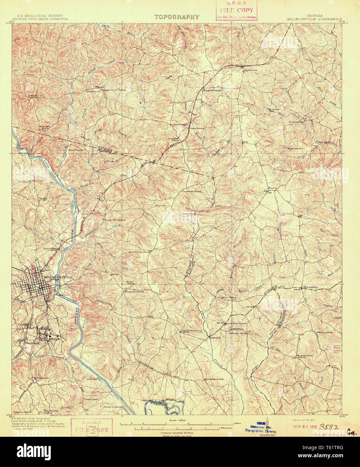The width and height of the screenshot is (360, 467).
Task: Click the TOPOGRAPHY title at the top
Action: [x=177, y=17]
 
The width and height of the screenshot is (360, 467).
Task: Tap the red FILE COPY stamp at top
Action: [x=236, y=10]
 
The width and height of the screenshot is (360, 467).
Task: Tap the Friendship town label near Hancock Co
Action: [x=310, y=287]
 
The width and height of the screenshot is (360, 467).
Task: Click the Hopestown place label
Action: [x=295, y=148]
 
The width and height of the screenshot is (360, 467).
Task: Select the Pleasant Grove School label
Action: [x=296, y=356]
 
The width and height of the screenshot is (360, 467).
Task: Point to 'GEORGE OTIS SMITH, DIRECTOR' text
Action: [x=40, y=19]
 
